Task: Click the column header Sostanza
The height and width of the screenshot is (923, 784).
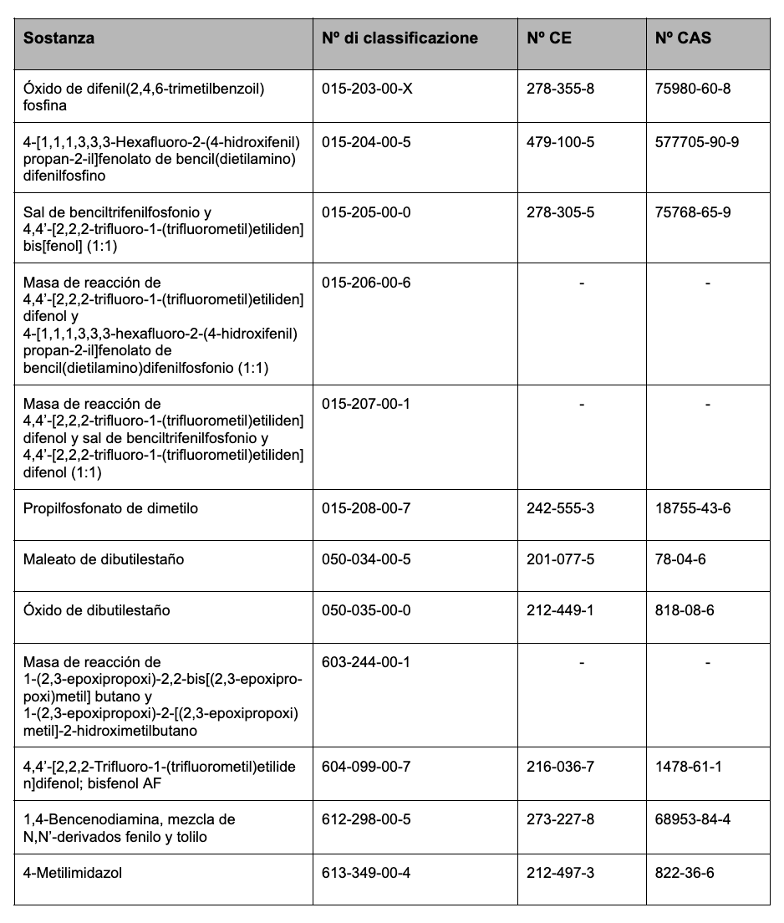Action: coord(59,38)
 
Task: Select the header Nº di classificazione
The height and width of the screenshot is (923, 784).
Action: coord(400,38)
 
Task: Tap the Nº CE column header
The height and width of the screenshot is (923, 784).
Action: coord(549,38)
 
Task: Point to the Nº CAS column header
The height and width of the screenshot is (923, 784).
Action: coord(684,38)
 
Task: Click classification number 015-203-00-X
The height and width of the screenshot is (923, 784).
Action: coord(367,89)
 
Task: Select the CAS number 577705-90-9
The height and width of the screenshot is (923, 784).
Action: coord(697,142)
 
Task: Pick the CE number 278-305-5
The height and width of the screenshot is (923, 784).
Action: coord(560,212)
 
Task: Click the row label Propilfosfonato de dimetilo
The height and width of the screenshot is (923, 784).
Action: coord(110,508)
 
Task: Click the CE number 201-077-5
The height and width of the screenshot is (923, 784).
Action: coord(560,558)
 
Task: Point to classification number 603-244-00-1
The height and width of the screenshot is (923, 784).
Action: coord(366,662)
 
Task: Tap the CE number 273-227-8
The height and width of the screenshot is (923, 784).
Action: coord(560,819)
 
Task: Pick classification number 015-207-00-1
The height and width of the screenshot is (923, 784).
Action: coord(366,403)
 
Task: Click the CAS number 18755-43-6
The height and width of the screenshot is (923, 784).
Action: coord(693,508)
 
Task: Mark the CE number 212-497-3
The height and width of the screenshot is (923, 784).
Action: coord(560,871)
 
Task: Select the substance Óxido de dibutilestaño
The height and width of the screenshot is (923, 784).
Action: coord(96,610)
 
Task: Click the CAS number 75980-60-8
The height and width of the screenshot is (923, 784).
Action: coord(693,89)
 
